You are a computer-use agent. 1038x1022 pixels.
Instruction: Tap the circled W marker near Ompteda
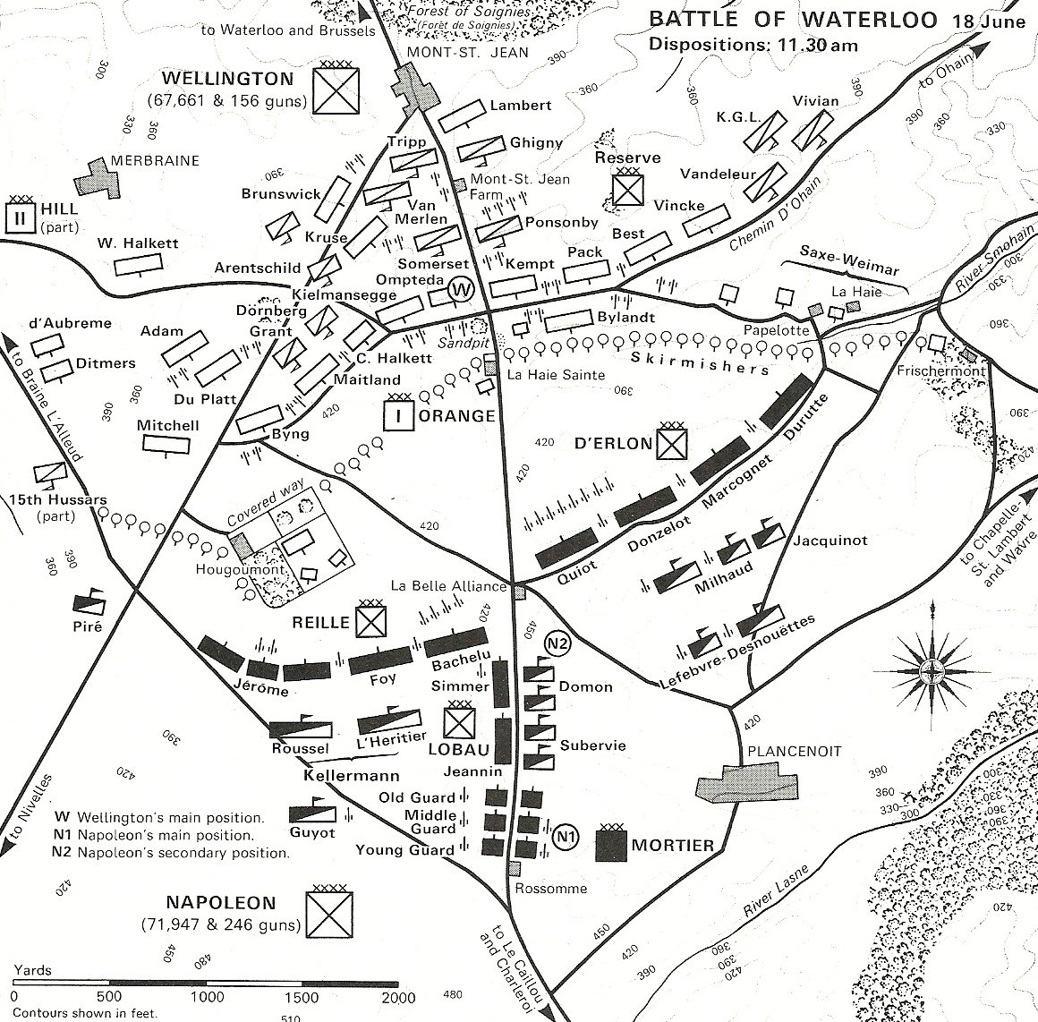[x=460, y=289]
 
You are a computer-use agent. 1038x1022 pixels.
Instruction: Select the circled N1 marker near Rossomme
[x=564, y=837]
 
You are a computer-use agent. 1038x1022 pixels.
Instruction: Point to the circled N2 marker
[x=559, y=644]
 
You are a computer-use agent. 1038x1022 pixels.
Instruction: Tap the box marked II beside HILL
[x=19, y=217]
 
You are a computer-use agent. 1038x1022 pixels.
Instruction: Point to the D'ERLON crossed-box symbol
[x=671, y=443]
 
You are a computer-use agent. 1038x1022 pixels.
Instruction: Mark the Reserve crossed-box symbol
[x=627, y=189]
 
